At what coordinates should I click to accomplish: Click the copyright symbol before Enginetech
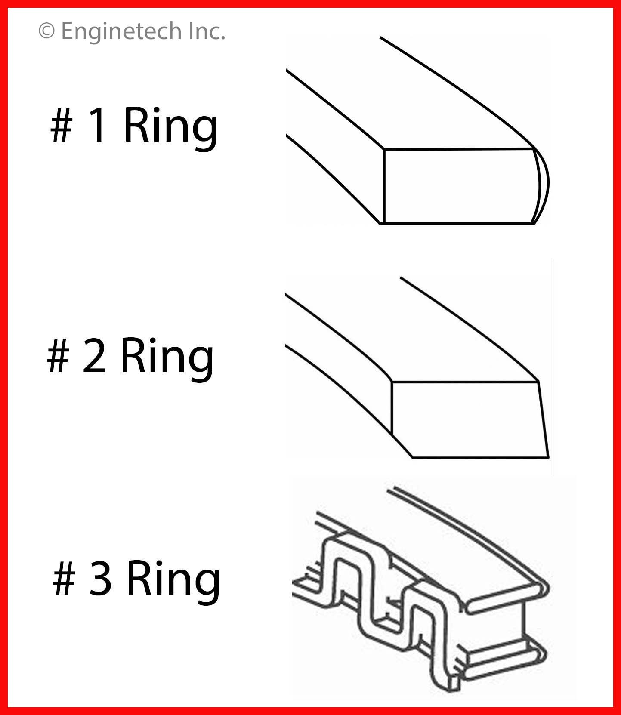[x=47, y=31]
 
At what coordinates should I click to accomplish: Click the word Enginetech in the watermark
[x=121, y=31]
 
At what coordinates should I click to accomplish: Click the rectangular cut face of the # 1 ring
[x=459, y=186]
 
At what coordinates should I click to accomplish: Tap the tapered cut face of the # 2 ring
[x=469, y=419]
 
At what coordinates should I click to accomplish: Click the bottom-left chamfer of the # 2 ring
[x=401, y=446]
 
